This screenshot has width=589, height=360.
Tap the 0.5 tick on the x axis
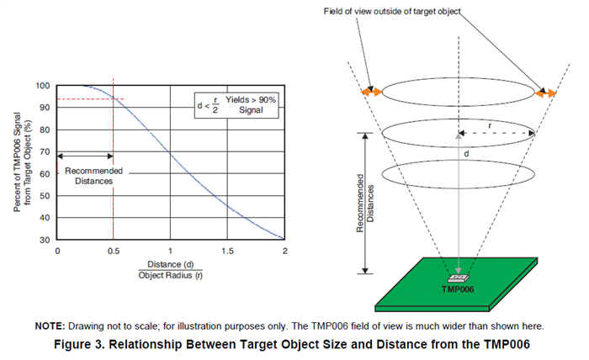tap(114, 251)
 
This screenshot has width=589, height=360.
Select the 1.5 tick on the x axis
tap(227, 251)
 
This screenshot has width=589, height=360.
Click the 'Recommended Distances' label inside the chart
tap(94, 176)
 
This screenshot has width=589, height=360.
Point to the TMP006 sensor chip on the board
tap(459, 276)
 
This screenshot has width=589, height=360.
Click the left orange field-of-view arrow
tap(372, 91)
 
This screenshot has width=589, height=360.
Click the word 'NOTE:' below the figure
tap(50, 326)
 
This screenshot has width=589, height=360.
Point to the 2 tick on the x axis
tap(284, 251)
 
